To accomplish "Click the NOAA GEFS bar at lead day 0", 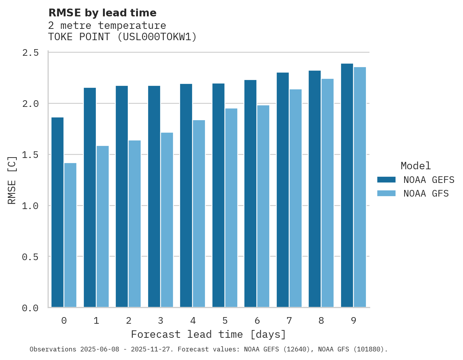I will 57,212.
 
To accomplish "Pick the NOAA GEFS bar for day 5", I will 218,195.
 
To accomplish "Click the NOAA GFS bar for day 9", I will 360,187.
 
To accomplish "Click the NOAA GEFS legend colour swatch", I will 386,180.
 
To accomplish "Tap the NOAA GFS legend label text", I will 426,193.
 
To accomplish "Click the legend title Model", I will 415,166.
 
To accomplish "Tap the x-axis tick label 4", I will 193,321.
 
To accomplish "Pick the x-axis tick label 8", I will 321,321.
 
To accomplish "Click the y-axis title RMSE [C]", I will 12,180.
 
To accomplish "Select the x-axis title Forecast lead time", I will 209,335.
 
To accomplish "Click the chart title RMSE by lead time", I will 102,13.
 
